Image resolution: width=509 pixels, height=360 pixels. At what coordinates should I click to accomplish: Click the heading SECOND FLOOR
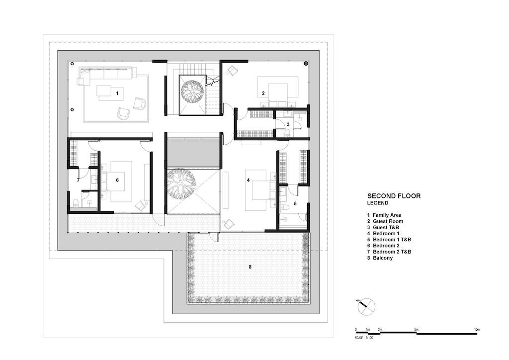(394, 196)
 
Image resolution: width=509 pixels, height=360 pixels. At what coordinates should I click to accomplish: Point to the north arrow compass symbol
(366, 306)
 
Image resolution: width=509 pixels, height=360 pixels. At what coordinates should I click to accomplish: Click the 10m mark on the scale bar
(477, 330)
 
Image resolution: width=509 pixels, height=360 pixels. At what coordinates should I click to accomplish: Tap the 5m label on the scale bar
(416, 330)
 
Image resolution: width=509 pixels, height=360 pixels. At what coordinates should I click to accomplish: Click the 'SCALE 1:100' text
(364, 338)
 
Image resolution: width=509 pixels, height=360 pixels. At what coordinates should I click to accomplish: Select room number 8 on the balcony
(250, 267)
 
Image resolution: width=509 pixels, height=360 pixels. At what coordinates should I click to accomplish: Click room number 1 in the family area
(117, 93)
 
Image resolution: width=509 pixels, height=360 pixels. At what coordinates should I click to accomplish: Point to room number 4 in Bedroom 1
(249, 180)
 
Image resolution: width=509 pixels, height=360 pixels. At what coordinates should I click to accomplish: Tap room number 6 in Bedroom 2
(117, 180)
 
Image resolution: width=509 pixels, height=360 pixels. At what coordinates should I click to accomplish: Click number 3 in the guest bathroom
(288, 124)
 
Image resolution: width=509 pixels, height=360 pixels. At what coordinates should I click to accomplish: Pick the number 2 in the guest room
(263, 93)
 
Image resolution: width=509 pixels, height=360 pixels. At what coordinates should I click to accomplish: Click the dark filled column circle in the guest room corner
(306, 64)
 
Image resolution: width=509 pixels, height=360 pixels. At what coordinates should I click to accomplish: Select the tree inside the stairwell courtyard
(193, 92)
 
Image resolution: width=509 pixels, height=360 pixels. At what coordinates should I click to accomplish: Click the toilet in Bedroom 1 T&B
(285, 207)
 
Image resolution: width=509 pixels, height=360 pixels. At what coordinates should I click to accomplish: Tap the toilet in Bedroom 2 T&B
(76, 203)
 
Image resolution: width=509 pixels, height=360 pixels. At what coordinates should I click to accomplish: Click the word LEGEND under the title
(378, 203)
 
